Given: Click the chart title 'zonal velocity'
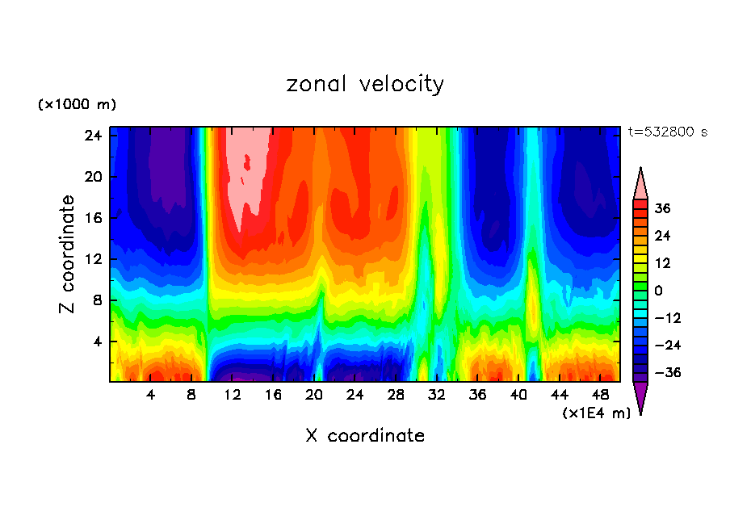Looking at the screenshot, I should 365,84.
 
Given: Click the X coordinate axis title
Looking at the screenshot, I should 365,436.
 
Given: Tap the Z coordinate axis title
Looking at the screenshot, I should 69,254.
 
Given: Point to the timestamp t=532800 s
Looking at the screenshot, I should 668,132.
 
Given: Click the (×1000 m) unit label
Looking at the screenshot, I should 77,105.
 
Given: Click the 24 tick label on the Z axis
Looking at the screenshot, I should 93,136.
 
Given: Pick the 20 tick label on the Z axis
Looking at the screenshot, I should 93,177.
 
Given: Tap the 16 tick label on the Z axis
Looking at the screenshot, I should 93,218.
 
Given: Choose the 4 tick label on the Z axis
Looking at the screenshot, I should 96,341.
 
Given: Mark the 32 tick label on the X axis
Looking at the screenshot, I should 436,396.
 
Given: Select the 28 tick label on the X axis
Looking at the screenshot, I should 396,396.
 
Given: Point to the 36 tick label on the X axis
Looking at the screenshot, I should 477,396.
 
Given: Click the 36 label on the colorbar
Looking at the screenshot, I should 662,208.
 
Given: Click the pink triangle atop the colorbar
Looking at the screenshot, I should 641,184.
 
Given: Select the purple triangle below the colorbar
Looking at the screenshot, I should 641,397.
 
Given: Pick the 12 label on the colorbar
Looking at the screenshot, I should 662,263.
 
